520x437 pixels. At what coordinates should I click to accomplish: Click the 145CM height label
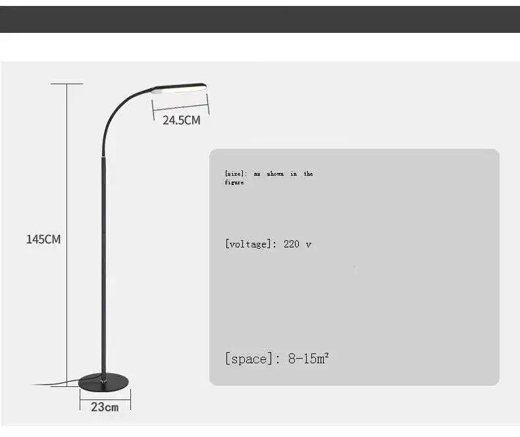43,239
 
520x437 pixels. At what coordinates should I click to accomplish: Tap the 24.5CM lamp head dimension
181,120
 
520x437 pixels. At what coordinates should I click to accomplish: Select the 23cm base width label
105,407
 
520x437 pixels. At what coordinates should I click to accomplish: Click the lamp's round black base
105,380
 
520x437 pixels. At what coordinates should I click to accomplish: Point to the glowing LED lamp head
180,88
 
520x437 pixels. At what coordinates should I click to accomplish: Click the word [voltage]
247,244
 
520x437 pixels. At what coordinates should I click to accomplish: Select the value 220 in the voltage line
292,244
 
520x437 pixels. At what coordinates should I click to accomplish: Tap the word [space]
249,359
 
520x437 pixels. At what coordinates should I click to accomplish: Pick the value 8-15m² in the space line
308,359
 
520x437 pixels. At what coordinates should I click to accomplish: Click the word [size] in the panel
235,174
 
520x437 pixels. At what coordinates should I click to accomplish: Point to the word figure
234,182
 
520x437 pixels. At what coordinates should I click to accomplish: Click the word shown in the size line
275,174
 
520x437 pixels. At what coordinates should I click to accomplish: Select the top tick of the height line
67,84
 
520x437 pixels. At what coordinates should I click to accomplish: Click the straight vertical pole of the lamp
103,263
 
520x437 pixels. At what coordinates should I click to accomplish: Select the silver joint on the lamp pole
102,157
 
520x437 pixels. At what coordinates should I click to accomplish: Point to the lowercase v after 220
309,244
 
